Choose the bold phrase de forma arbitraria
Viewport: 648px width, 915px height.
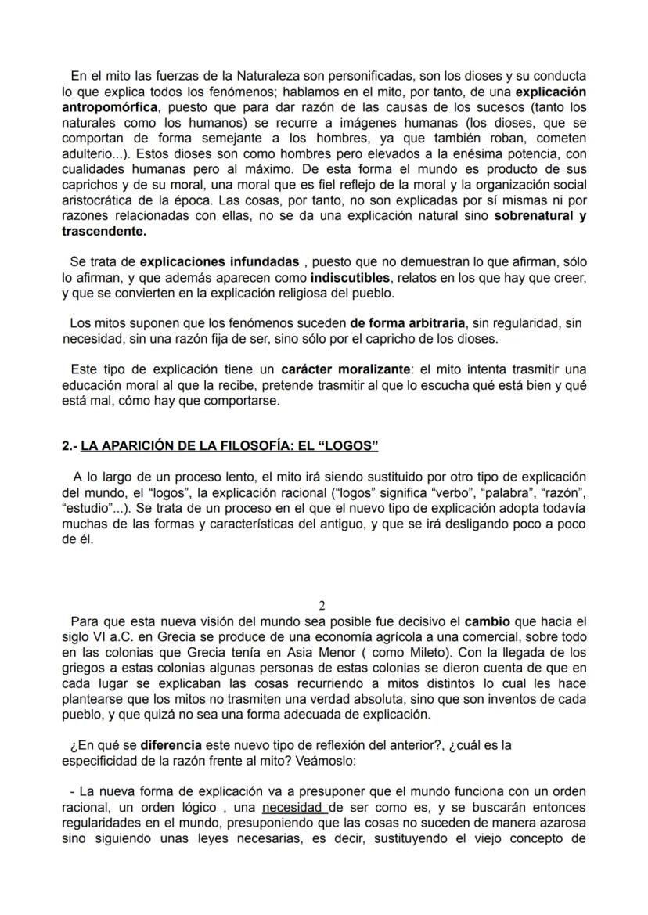(407, 322)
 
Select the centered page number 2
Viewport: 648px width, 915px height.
(322, 606)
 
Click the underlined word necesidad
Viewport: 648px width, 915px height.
(294, 806)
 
